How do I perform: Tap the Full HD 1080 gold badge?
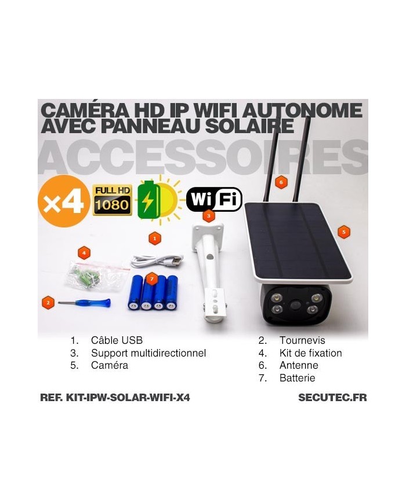click(113, 200)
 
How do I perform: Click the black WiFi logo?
click(214, 200)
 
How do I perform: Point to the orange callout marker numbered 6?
click(281, 183)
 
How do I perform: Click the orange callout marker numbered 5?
click(344, 232)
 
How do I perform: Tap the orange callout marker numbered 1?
click(154, 237)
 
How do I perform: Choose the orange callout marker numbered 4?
click(85, 252)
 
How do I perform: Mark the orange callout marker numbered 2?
click(49, 302)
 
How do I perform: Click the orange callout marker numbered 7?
click(151, 279)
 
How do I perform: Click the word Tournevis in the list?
click(302, 340)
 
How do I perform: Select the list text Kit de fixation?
click(310, 353)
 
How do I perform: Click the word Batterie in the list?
click(297, 378)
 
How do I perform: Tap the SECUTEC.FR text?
click(332, 398)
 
